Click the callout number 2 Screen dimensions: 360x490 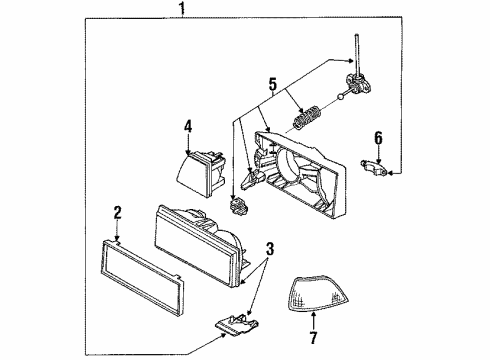(117, 212)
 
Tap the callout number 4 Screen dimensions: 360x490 (187, 126)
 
